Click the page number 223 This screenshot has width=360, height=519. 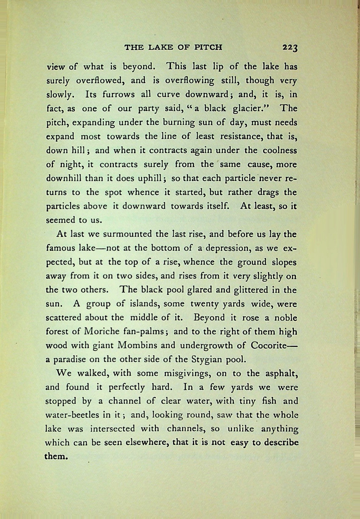289,47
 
